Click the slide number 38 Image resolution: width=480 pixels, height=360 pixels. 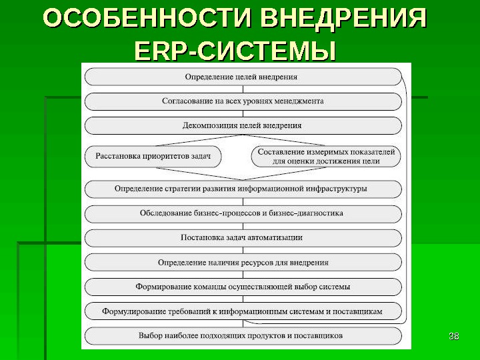click(455, 335)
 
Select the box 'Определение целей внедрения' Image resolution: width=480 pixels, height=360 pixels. click(243, 77)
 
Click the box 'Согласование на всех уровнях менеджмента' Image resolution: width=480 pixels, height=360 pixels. click(243, 101)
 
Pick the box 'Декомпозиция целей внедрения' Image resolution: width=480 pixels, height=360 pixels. click(243, 125)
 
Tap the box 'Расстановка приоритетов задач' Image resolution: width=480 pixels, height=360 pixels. click(153, 157)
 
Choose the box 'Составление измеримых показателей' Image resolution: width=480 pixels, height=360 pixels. click(326, 157)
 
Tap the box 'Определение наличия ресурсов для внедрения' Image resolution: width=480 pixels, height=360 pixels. click(243, 263)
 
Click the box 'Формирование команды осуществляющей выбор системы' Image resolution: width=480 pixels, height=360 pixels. click(243, 287)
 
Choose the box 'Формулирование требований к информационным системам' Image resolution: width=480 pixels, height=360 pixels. click(243, 311)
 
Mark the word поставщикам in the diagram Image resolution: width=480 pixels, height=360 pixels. click(357, 311)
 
